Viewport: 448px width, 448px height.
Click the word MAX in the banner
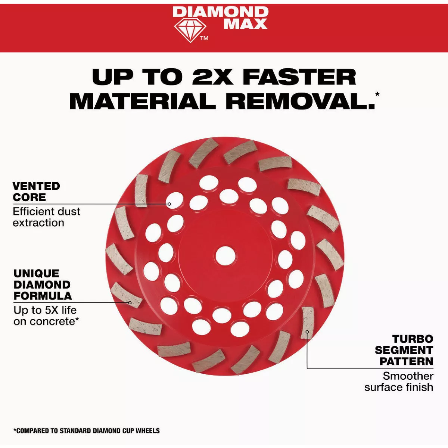pyautogui.click(x=246, y=24)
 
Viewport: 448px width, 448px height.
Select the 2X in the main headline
pyautogui.click(x=212, y=77)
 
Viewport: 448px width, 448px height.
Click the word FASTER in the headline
pyautogui.click(x=299, y=77)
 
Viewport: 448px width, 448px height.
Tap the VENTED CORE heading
pyautogui.click(x=36, y=192)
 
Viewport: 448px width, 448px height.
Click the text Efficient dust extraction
pyautogui.click(x=47, y=217)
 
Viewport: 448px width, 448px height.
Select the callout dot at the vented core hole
pyautogui.click(x=169, y=204)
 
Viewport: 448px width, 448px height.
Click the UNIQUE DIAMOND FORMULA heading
pyautogui.click(x=43, y=284)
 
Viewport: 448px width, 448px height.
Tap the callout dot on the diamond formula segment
pyautogui.click(x=130, y=303)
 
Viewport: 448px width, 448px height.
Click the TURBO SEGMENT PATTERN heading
pyautogui.click(x=404, y=350)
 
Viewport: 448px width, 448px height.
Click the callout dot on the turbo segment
pyautogui.click(x=307, y=332)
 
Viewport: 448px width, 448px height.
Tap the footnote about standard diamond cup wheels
pyautogui.click(x=87, y=431)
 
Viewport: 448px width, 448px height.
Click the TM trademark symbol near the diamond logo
pyautogui.click(x=204, y=38)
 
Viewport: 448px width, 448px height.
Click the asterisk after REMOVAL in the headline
pyautogui.click(x=377, y=94)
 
